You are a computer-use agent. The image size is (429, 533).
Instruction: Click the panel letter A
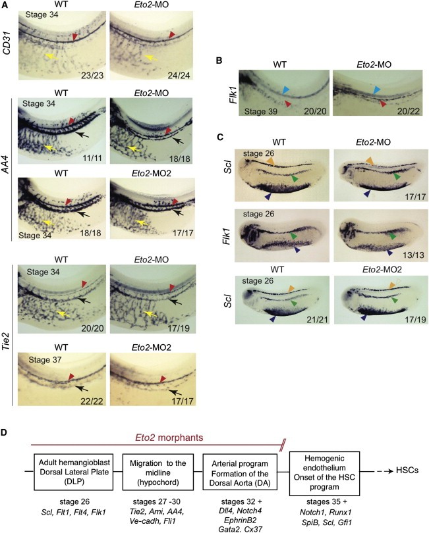coord(6,5)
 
